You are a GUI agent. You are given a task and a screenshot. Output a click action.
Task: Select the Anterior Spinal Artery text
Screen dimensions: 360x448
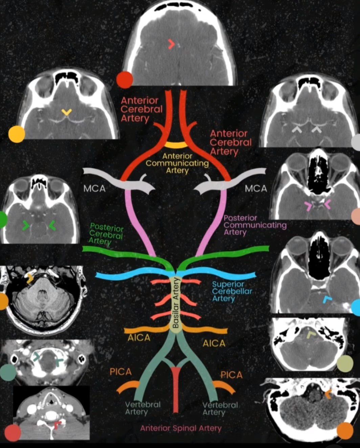pos(181,428)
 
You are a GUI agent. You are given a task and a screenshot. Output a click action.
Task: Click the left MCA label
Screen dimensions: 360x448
pos(94,189)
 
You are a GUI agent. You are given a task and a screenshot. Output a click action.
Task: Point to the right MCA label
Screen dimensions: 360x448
pos(256,189)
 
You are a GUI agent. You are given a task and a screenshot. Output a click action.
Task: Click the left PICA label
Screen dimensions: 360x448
pos(121,372)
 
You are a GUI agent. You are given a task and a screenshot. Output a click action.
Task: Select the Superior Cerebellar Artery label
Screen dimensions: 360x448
pos(232,291)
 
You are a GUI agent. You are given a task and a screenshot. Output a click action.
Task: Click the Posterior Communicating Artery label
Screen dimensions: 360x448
pos(255,225)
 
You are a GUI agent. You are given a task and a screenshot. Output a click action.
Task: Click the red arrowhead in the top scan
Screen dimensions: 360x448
pos(171,45)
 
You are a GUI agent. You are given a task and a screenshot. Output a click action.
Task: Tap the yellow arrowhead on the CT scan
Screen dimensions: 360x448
pos(67,112)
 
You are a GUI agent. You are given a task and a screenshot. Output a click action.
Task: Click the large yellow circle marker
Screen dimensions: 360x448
pos(17,134)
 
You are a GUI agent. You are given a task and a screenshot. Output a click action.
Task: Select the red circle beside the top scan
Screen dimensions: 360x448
pos(125,80)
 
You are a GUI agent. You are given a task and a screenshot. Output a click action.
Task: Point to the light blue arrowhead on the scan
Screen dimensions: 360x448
pos(327,299)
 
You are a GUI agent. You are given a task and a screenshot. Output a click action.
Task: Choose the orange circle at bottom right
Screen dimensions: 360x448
pos(345,431)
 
